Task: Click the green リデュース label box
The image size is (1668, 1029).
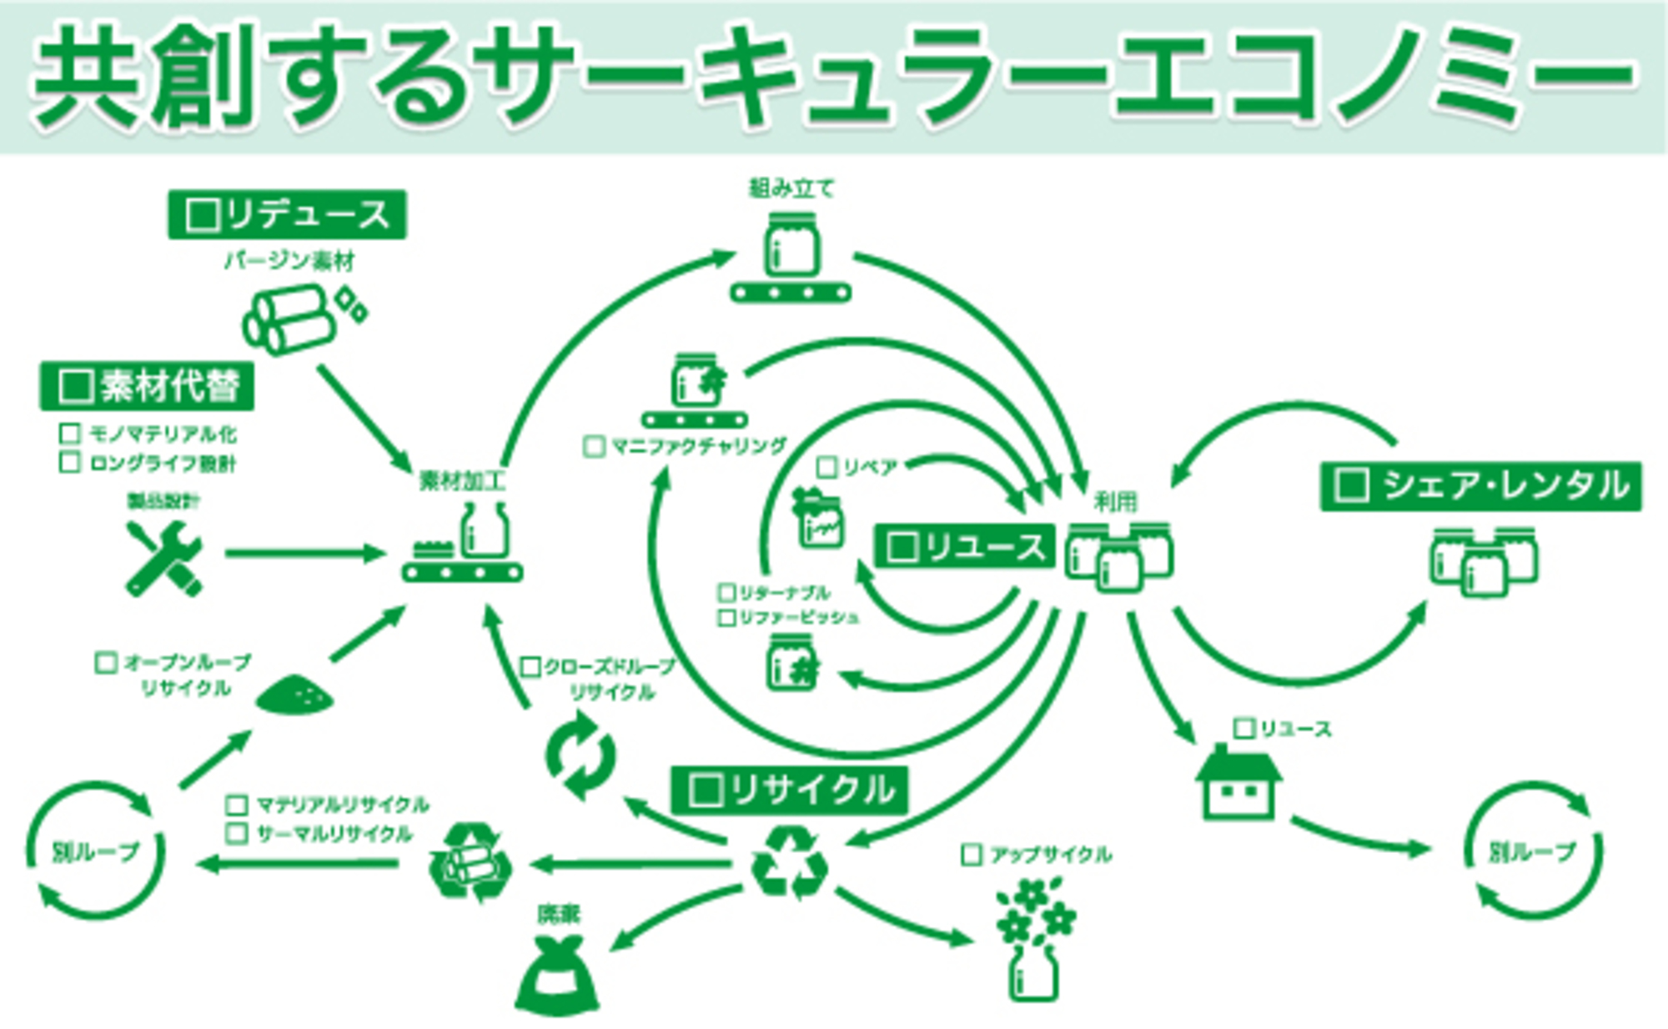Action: tap(287, 215)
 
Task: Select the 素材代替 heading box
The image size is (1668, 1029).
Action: tap(147, 386)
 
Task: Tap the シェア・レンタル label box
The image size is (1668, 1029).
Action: tap(1480, 485)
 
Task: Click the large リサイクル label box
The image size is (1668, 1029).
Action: tap(789, 789)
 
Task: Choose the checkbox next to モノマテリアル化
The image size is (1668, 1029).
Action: tap(70, 434)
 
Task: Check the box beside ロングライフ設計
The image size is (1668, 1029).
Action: tap(70, 462)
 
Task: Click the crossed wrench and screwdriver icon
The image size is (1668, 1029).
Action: tap(164, 558)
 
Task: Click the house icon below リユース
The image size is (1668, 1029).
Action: tap(1238, 784)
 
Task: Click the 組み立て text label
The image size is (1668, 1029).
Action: tap(791, 188)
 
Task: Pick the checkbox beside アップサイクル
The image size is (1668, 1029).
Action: tap(972, 854)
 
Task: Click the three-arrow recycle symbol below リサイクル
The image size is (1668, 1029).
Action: tap(789, 864)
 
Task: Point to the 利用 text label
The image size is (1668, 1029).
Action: tap(1116, 501)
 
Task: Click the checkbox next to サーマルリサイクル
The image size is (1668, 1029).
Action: tap(237, 833)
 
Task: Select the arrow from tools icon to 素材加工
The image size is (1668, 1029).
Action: tap(304, 553)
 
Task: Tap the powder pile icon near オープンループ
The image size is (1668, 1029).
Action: tap(294, 695)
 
